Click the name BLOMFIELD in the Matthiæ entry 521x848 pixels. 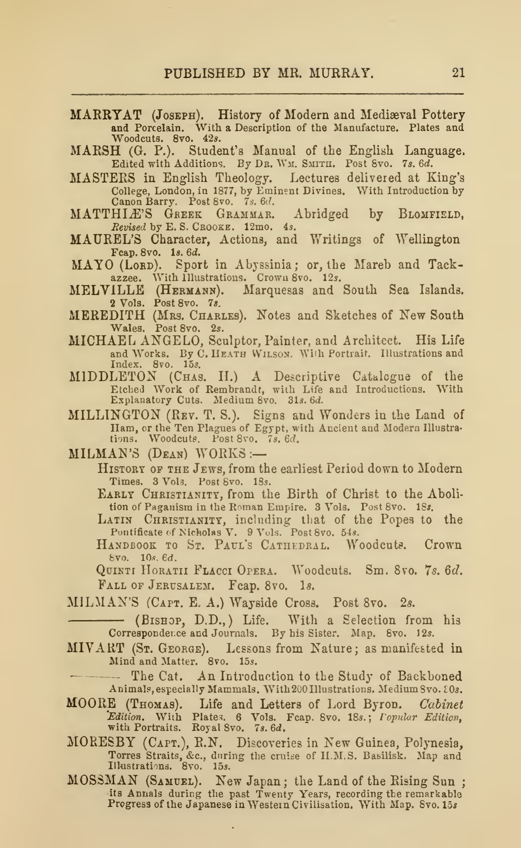[x=430, y=214]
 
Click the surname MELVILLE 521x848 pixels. [x=107, y=290]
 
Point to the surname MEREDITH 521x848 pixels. [x=107, y=315]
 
